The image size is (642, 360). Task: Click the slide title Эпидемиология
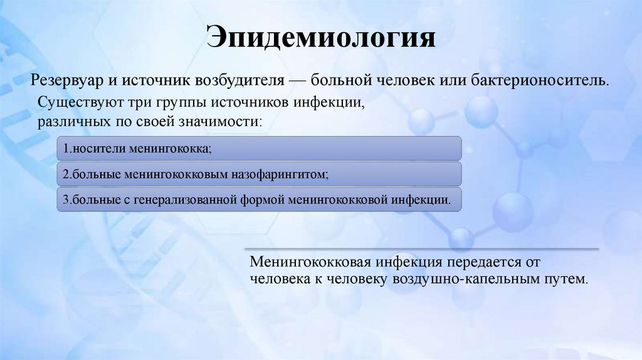[x=321, y=38]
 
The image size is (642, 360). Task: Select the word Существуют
[x=72, y=102]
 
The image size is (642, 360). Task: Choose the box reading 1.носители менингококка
[x=259, y=149]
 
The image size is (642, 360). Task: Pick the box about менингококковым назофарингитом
[x=259, y=174]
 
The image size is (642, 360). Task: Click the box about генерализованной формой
[x=259, y=199]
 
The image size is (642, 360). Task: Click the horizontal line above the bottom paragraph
[x=420, y=248]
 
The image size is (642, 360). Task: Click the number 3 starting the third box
[x=65, y=200]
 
